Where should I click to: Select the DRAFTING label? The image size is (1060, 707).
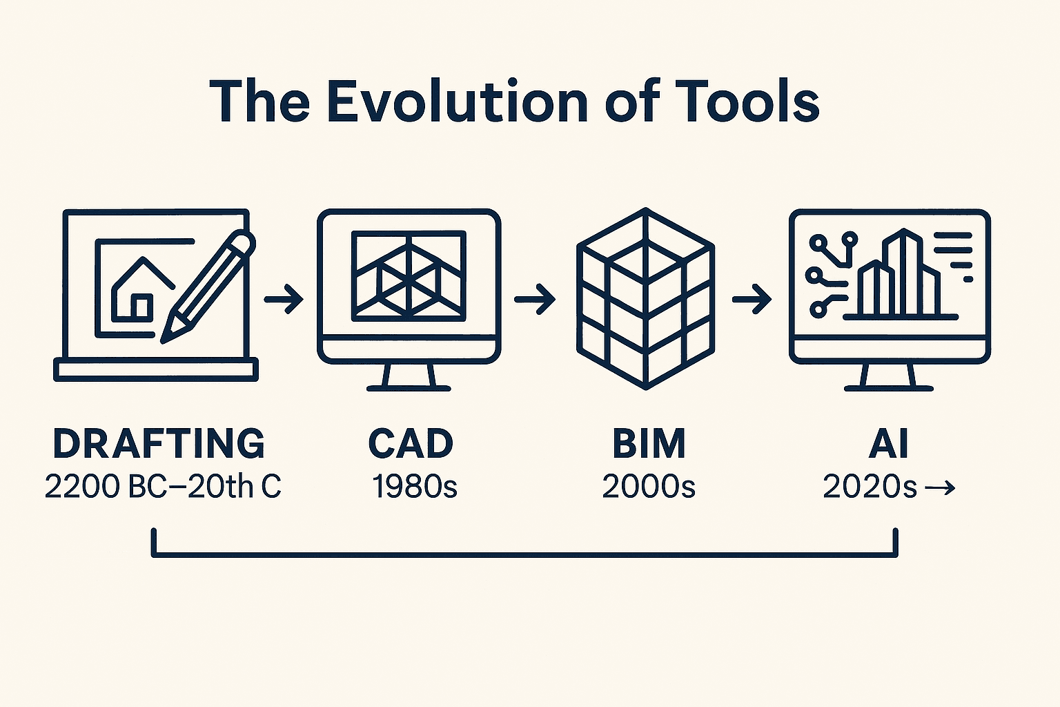(159, 443)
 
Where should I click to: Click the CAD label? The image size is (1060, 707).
(411, 443)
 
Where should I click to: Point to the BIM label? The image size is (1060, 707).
(649, 443)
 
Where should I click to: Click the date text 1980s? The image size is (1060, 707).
(415, 486)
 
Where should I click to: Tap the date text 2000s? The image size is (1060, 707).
(649, 486)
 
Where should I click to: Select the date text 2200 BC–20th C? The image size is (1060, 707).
(164, 486)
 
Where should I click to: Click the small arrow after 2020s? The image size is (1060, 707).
(939, 487)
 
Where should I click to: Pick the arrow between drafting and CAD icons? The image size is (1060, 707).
(284, 299)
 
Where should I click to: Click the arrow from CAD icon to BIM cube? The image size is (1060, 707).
(535, 299)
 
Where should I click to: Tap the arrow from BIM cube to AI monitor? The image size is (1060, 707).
(752, 299)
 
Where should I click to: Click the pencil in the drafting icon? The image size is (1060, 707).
(208, 287)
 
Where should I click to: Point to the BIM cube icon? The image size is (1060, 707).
(645, 298)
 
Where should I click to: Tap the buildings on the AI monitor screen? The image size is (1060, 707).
(899, 275)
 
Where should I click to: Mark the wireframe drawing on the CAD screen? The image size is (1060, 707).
(409, 276)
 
